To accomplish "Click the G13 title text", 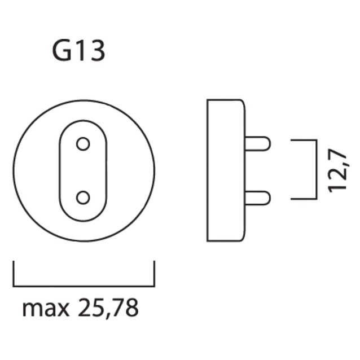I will pos(78,51).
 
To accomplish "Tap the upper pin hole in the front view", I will pos(83,144).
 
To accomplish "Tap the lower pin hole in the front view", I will pos(83,197).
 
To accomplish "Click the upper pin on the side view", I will pos(257,144).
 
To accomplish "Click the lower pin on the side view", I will pos(257,198).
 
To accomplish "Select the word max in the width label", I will pos(46,308).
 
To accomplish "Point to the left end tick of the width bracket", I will pos(14,274).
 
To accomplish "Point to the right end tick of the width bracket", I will pos(154,274).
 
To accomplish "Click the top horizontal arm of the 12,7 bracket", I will pos(302,140).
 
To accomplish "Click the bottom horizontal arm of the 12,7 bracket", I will pos(302,199).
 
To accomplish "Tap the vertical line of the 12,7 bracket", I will pos(314,169).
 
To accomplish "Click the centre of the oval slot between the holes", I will pos(83,170).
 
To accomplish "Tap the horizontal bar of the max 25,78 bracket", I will pos(84,286).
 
